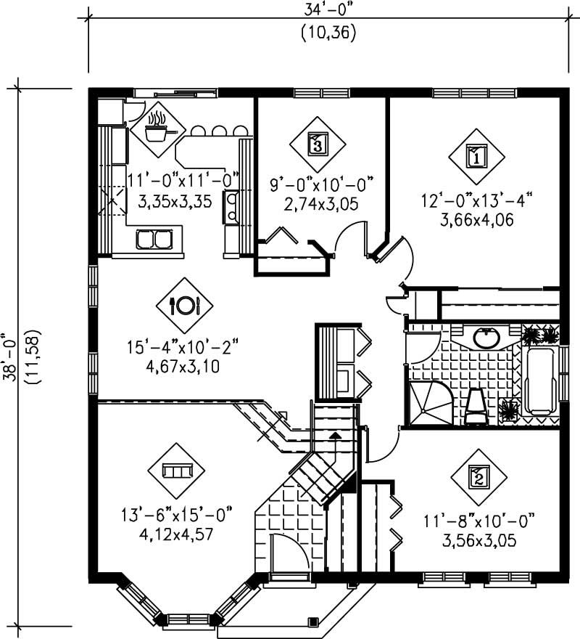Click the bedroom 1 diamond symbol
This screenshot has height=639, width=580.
(475, 155)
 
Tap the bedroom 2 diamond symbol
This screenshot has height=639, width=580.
(478, 477)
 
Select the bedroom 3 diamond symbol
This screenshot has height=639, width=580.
(317, 144)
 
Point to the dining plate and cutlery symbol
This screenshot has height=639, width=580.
(183, 305)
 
